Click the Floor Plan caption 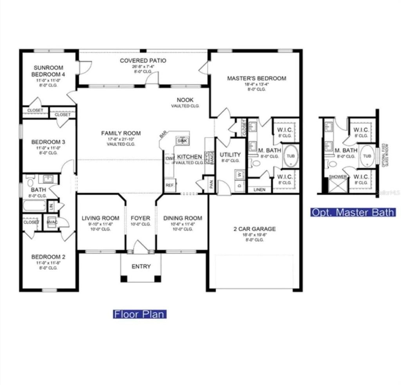click(140, 314)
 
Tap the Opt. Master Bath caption click(353, 212)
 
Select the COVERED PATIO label click(143, 61)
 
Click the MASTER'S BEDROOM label click(256, 78)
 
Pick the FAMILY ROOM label click(121, 133)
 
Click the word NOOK click(185, 100)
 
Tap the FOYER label click(141, 218)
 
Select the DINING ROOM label click(182, 218)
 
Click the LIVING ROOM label click(100, 218)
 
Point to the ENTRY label click(141, 267)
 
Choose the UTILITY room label click(230, 155)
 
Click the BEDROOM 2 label click(48, 257)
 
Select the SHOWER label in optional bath click(338, 177)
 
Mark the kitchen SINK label click(182, 140)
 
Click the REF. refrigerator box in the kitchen click(170, 185)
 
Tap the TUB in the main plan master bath click(291, 156)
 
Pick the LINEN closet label click(259, 190)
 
